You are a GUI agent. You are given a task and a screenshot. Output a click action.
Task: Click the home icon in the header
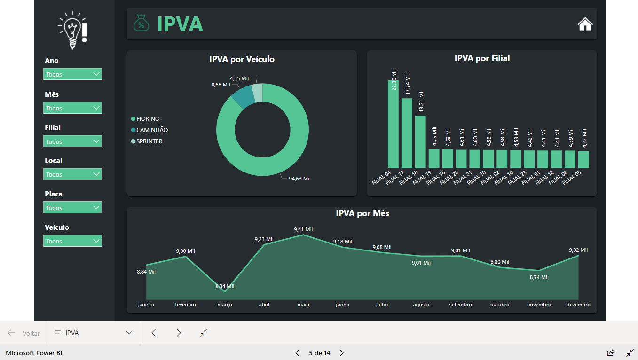tap(585, 24)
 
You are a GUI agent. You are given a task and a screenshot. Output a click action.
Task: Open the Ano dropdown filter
tap(72, 74)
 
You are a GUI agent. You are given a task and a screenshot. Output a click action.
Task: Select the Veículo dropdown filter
tap(72, 241)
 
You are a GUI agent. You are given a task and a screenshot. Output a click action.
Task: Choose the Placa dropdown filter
tap(72, 208)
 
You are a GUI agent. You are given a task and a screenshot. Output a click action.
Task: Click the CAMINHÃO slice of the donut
tap(242, 96)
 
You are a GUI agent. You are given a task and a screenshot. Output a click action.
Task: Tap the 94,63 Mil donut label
tap(299, 179)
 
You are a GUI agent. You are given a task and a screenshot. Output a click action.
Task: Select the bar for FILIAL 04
tap(393, 124)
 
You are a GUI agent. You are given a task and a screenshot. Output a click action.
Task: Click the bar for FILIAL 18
tap(420, 141)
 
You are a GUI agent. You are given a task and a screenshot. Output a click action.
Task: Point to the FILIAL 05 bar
tap(583, 159)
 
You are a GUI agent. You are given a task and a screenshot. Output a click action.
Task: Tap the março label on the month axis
tap(225, 305)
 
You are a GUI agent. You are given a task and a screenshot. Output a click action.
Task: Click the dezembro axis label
tap(578, 305)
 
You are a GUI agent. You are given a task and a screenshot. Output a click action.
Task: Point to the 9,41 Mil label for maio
tap(303, 229)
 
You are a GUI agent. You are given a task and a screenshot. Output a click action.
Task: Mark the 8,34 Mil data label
tap(225, 286)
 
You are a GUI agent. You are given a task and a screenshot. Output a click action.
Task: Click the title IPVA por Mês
tap(362, 213)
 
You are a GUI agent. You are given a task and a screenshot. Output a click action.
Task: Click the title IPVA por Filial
tap(482, 58)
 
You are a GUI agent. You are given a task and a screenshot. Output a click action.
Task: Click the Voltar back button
tap(24, 333)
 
